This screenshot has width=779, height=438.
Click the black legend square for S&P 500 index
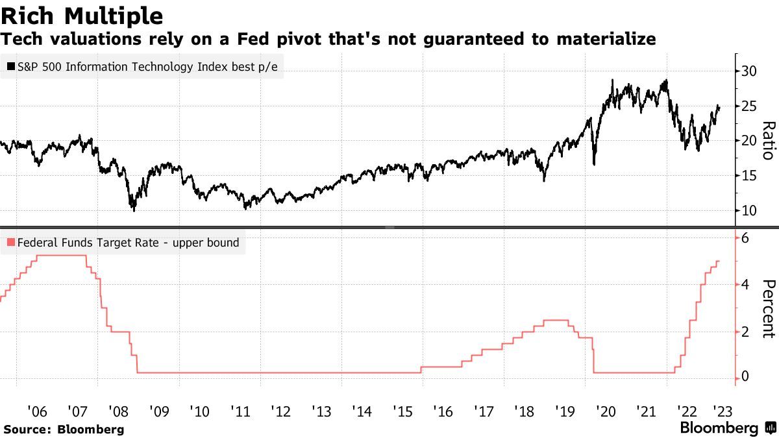(x=11, y=66)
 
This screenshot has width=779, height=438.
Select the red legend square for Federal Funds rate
(x=11, y=243)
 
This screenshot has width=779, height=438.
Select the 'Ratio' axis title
(x=768, y=140)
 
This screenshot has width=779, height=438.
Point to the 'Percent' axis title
(x=768, y=308)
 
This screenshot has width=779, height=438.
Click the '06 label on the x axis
(x=37, y=411)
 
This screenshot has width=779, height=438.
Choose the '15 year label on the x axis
(x=402, y=411)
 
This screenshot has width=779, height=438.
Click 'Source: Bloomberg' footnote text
(x=63, y=429)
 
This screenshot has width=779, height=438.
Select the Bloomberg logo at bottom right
(x=726, y=428)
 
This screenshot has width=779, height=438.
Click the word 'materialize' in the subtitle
(x=604, y=39)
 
